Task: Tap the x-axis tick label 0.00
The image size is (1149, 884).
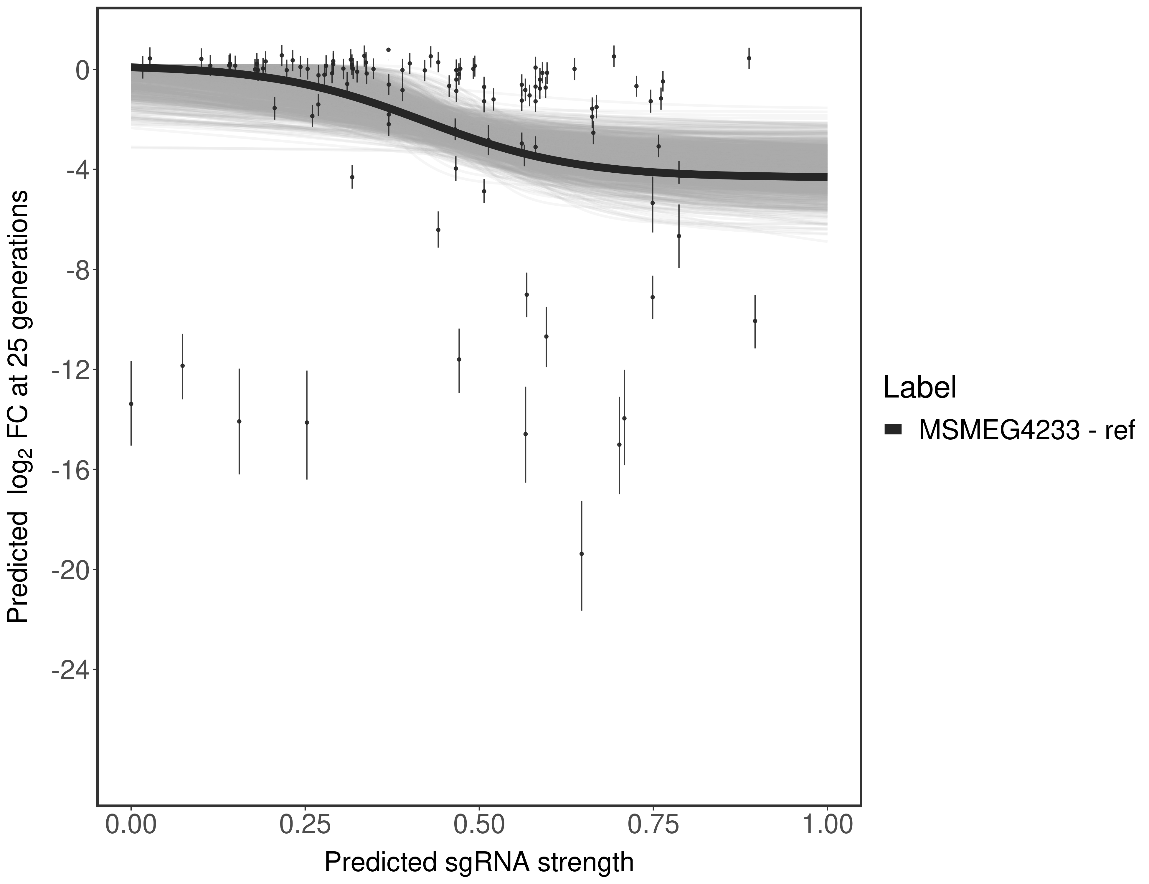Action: [x=131, y=824]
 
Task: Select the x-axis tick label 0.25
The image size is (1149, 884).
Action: [x=305, y=824]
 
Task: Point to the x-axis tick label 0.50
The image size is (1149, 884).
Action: [x=479, y=824]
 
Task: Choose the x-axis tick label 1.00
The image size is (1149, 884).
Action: [x=827, y=824]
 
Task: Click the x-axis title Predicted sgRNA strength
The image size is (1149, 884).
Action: [x=479, y=863]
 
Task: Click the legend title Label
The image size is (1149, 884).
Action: [x=919, y=388]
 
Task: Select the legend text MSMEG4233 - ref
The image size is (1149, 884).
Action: [x=1026, y=430]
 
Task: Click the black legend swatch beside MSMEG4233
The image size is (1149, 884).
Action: [x=893, y=430]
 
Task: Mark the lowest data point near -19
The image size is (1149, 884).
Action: [x=581, y=554]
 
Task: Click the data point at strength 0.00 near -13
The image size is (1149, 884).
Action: [x=131, y=404]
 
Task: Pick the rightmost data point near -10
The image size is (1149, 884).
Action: [x=755, y=321]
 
